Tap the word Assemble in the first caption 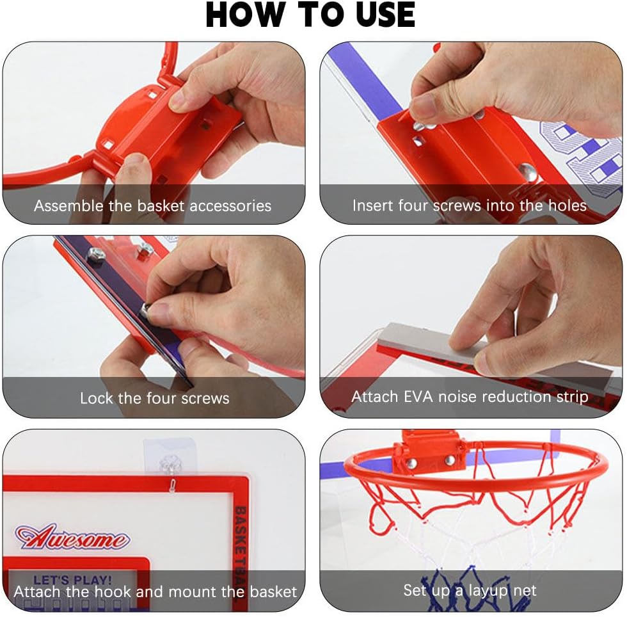tap(69, 205)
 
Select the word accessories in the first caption tap(230, 206)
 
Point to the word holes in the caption tap(567, 205)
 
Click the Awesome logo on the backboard tap(72, 536)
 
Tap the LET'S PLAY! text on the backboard tap(73, 580)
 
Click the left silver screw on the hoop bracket tap(411, 463)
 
